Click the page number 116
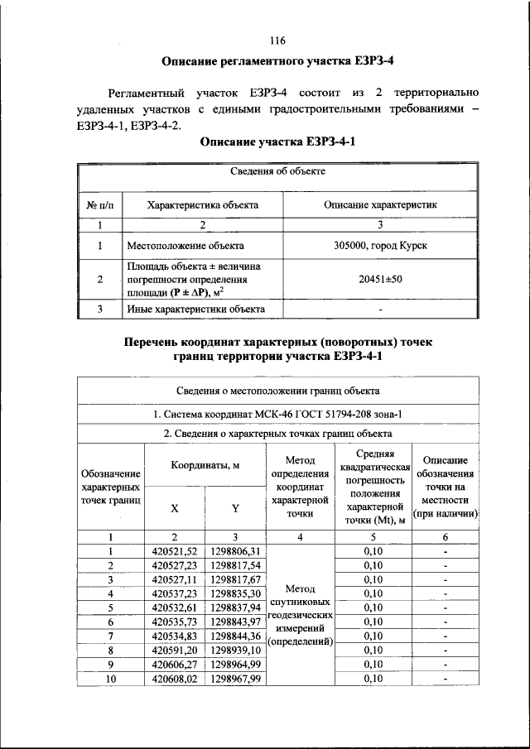pos(277,41)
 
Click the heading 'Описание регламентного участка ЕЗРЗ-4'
pos(277,62)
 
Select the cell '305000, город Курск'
pos(380,246)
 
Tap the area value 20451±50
pos(380,280)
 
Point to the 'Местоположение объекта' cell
pos(185,246)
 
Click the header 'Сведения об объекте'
pos(277,172)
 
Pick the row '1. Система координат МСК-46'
pos(277,414)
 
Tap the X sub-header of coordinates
pos(174,509)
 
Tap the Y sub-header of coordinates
pos(235,509)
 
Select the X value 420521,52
pos(175,551)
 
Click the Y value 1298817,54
pos(235,565)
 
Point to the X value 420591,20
pos(175,651)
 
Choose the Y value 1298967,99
pos(235,679)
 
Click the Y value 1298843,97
pos(235,622)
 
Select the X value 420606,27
pos(175,665)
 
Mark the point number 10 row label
pos(110,679)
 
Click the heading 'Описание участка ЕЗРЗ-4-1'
pos(277,142)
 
